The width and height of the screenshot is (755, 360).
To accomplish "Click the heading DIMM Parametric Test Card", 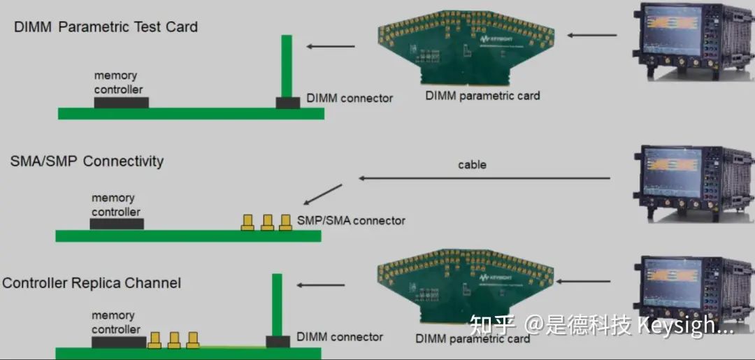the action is click(x=106, y=27).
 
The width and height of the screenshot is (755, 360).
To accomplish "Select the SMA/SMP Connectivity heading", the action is click(x=87, y=161).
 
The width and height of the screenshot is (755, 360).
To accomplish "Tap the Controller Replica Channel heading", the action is click(x=92, y=282).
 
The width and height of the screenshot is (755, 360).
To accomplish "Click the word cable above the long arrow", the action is click(x=472, y=164).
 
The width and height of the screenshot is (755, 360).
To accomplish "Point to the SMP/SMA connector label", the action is click(x=351, y=221).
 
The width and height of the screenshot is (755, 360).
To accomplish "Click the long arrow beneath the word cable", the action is click(x=484, y=178).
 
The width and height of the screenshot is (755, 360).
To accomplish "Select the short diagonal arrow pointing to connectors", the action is click(x=322, y=194).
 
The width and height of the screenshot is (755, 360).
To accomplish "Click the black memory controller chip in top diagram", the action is click(x=122, y=103).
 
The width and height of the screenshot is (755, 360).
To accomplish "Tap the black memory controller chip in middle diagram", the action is click(x=117, y=224).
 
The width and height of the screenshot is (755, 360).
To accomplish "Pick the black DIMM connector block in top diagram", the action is click(x=288, y=103).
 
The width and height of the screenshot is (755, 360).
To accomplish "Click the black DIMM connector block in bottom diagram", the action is click(x=278, y=342).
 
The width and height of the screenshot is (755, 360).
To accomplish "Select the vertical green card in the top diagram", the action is click(x=287, y=66).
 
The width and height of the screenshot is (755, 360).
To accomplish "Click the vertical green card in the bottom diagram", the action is click(x=277, y=305).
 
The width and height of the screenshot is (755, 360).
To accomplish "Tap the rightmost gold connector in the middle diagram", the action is click(x=285, y=222).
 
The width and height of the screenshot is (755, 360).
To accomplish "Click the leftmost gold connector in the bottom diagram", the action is click(x=154, y=340).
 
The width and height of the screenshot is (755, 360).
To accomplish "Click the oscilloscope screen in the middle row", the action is click(x=673, y=172).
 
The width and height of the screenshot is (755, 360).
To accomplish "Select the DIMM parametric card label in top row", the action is click(x=482, y=95).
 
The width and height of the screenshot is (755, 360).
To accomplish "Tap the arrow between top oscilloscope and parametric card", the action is click(x=592, y=35).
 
